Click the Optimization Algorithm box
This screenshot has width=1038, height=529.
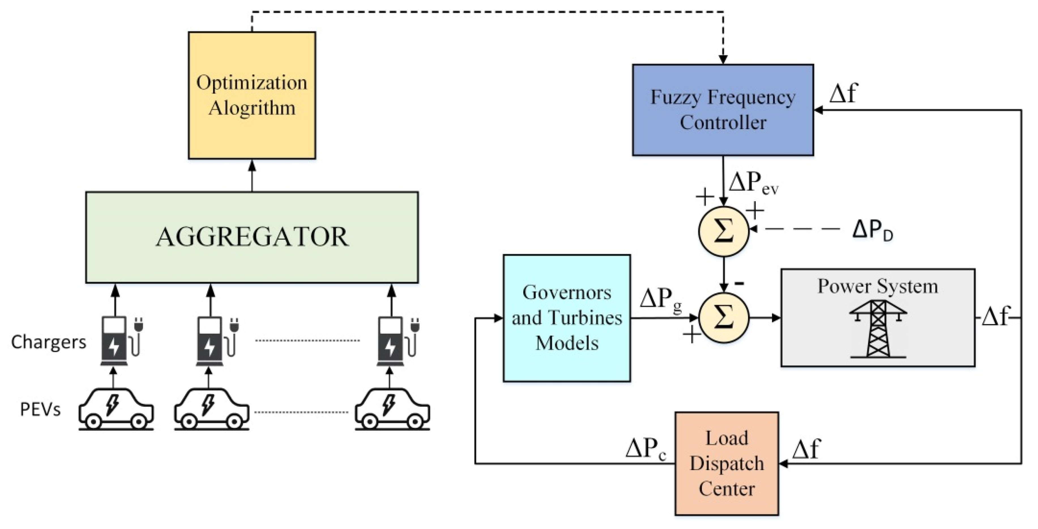(x=252, y=95)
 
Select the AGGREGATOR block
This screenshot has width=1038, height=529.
(x=252, y=237)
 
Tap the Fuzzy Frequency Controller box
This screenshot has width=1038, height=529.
(x=723, y=110)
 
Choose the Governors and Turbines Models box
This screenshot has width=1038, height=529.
(x=567, y=318)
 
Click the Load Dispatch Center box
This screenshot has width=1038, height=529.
(x=727, y=463)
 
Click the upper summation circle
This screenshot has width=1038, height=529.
(x=723, y=231)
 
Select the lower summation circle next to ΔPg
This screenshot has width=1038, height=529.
(x=723, y=318)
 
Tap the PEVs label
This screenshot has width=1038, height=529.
(x=40, y=409)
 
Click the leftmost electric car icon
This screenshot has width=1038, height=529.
(x=116, y=409)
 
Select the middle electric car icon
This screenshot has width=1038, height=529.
(x=212, y=409)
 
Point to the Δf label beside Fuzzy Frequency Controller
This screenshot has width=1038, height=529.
(x=843, y=93)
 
